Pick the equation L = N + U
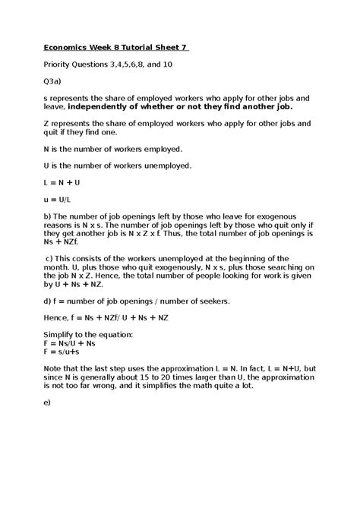coord(62,183)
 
